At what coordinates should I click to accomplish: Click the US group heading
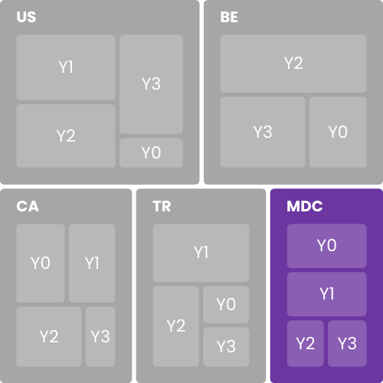pos(26,17)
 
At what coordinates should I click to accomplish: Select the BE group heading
pos(229,17)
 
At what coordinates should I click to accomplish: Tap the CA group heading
pos(28,206)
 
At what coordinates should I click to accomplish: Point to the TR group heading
pos(162,206)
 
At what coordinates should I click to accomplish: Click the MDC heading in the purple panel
pos(305,206)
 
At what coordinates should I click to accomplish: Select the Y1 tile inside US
pos(66,67)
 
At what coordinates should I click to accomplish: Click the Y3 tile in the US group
pos(151,84)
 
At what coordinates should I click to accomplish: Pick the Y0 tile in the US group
pos(151,152)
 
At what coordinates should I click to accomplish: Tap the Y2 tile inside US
pos(66,136)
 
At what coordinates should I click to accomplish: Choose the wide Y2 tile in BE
pos(293,64)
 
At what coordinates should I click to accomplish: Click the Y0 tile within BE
pos(338,132)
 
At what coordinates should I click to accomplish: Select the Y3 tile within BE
pos(263,132)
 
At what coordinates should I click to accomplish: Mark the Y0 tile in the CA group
pos(41,263)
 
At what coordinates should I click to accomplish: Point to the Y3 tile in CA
pos(100,336)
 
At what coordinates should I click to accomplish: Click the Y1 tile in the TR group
pos(201,253)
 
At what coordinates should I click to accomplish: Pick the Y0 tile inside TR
pos(226,304)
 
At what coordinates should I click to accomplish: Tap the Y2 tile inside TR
pos(176,326)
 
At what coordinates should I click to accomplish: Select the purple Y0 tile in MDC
pos(327,246)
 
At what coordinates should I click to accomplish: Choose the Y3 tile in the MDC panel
pos(347,343)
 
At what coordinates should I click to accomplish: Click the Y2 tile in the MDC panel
pos(306,343)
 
